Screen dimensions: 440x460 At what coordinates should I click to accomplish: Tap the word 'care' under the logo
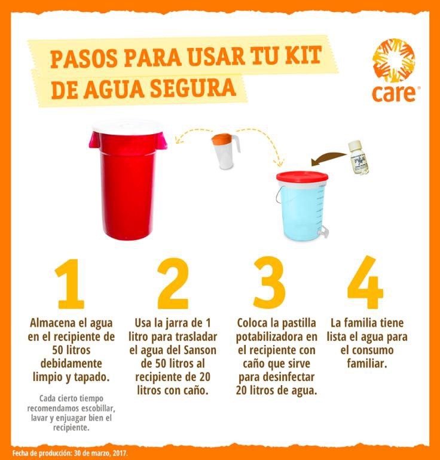pyautogui.click(x=394, y=93)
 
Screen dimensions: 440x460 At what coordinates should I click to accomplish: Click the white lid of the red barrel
pyautogui.click(x=129, y=127)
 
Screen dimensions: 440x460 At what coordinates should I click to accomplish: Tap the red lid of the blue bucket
pyautogui.click(x=302, y=177)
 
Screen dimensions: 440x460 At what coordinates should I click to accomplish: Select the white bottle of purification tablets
pyautogui.click(x=360, y=158)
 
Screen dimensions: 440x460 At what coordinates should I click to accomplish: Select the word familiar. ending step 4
pyautogui.click(x=367, y=364)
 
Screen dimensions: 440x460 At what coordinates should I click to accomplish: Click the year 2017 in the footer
pyautogui.click(x=120, y=453)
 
